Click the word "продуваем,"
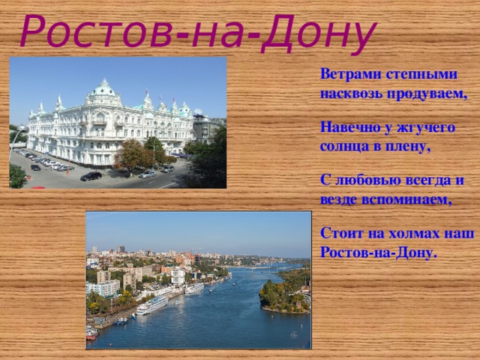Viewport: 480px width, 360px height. tap(426, 94)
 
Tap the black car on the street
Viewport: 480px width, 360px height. tap(91, 176)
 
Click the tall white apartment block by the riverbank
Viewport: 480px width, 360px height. tap(104, 288)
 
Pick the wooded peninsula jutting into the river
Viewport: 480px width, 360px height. tap(285, 296)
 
